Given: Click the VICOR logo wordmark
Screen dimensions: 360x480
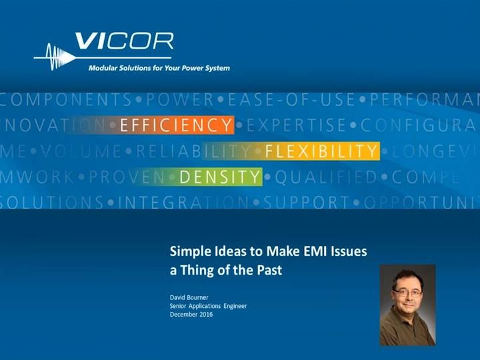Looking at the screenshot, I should [124, 43].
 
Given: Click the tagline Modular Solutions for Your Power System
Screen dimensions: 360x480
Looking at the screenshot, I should [159, 68].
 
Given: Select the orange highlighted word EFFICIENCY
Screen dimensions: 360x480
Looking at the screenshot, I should [176, 125].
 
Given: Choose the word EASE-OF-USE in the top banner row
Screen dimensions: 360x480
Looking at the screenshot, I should [291, 101].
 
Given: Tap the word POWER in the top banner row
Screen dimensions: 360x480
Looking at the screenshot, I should [180, 101].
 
